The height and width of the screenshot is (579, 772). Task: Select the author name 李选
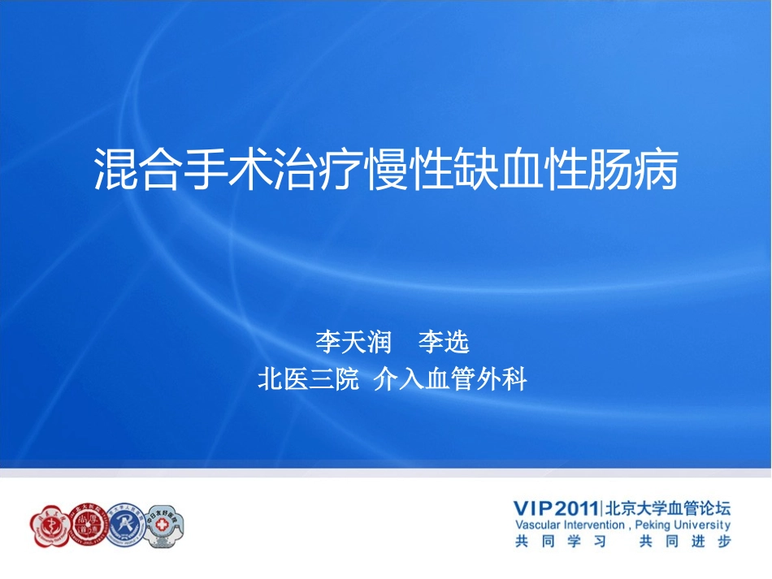[x=444, y=342]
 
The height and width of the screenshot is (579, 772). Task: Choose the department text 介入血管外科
[x=450, y=379]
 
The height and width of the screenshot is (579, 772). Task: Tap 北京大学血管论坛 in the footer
[x=667, y=508]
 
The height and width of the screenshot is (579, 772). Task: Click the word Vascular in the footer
[x=537, y=525]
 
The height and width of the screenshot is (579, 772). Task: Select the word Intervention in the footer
[x=594, y=525]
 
